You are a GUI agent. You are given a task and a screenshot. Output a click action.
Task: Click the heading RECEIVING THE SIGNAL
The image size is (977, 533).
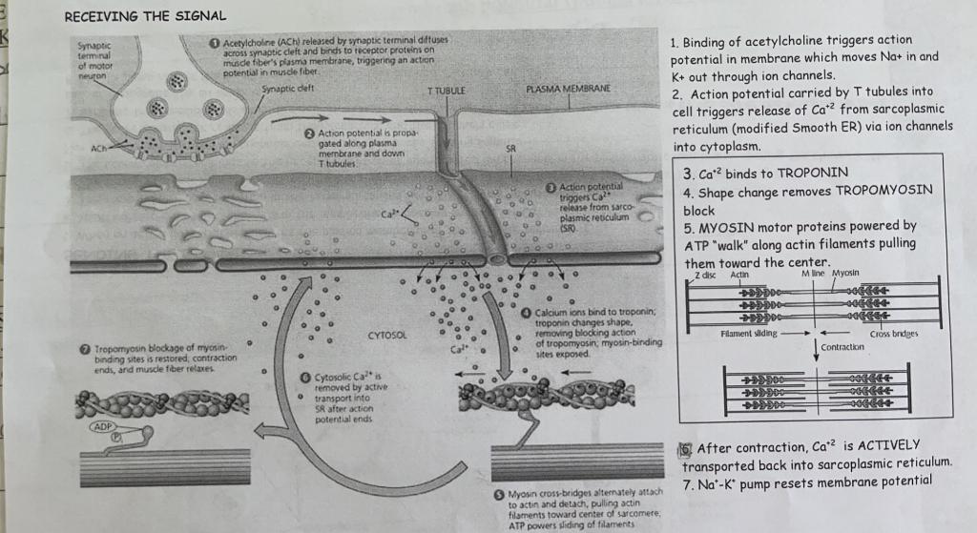pyautogui.click(x=145, y=16)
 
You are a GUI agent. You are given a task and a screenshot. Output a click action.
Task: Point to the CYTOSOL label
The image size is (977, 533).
pyautogui.click(x=386, y=336)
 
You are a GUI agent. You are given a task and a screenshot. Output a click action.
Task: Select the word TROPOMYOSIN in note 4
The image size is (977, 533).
pyautogui.click(x=883, y=192)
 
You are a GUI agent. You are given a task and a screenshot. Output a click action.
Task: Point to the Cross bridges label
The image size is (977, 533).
pyautogui.click(x=893, y=335)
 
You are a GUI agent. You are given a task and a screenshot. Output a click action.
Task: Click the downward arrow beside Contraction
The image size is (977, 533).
pyautogui.click(x=816, y=349)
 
